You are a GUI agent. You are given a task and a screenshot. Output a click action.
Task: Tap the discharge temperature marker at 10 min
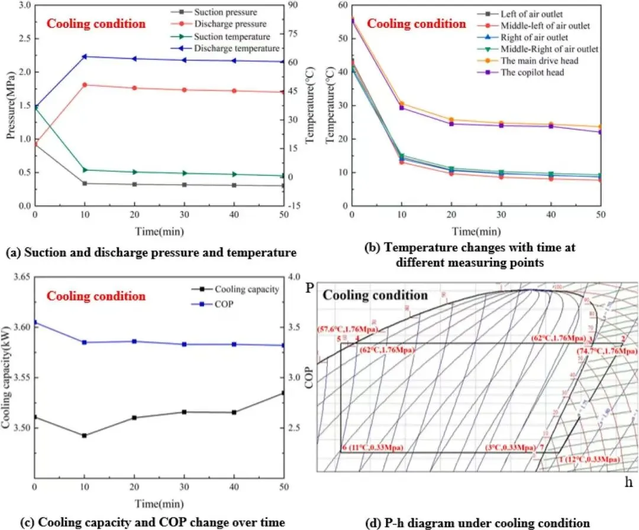[x=85, y=57]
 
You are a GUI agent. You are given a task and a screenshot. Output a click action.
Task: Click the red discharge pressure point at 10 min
[x=85, y=85]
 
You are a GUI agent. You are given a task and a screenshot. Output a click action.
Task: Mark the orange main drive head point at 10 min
[x=401, y=104]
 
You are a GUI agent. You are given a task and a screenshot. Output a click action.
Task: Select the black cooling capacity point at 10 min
[x=85, y=435]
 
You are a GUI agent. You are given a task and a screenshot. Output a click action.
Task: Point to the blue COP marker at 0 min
[x=35, y=323]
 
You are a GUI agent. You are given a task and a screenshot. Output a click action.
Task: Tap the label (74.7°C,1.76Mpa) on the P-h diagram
[x=607, y=351]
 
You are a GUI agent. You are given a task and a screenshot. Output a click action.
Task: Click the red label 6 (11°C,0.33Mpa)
[x=373, y=448]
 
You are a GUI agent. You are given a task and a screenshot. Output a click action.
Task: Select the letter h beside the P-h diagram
[x=629, y=482]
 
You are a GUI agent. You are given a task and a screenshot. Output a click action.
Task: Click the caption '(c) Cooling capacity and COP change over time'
[x=144, y=523]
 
